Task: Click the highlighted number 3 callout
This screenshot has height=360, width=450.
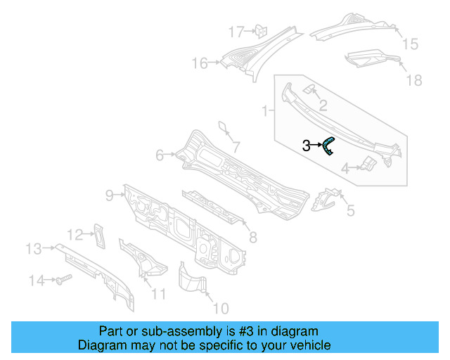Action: pos(307,146)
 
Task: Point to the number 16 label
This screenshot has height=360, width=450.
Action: pos(200,64)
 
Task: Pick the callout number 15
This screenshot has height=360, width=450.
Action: pos(409,44)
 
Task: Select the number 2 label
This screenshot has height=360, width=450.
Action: pos(323,106)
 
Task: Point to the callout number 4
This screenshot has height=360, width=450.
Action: pos(345,168)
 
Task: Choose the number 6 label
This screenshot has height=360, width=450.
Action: pos(160,155)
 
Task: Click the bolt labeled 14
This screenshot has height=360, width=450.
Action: pos(62,281)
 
